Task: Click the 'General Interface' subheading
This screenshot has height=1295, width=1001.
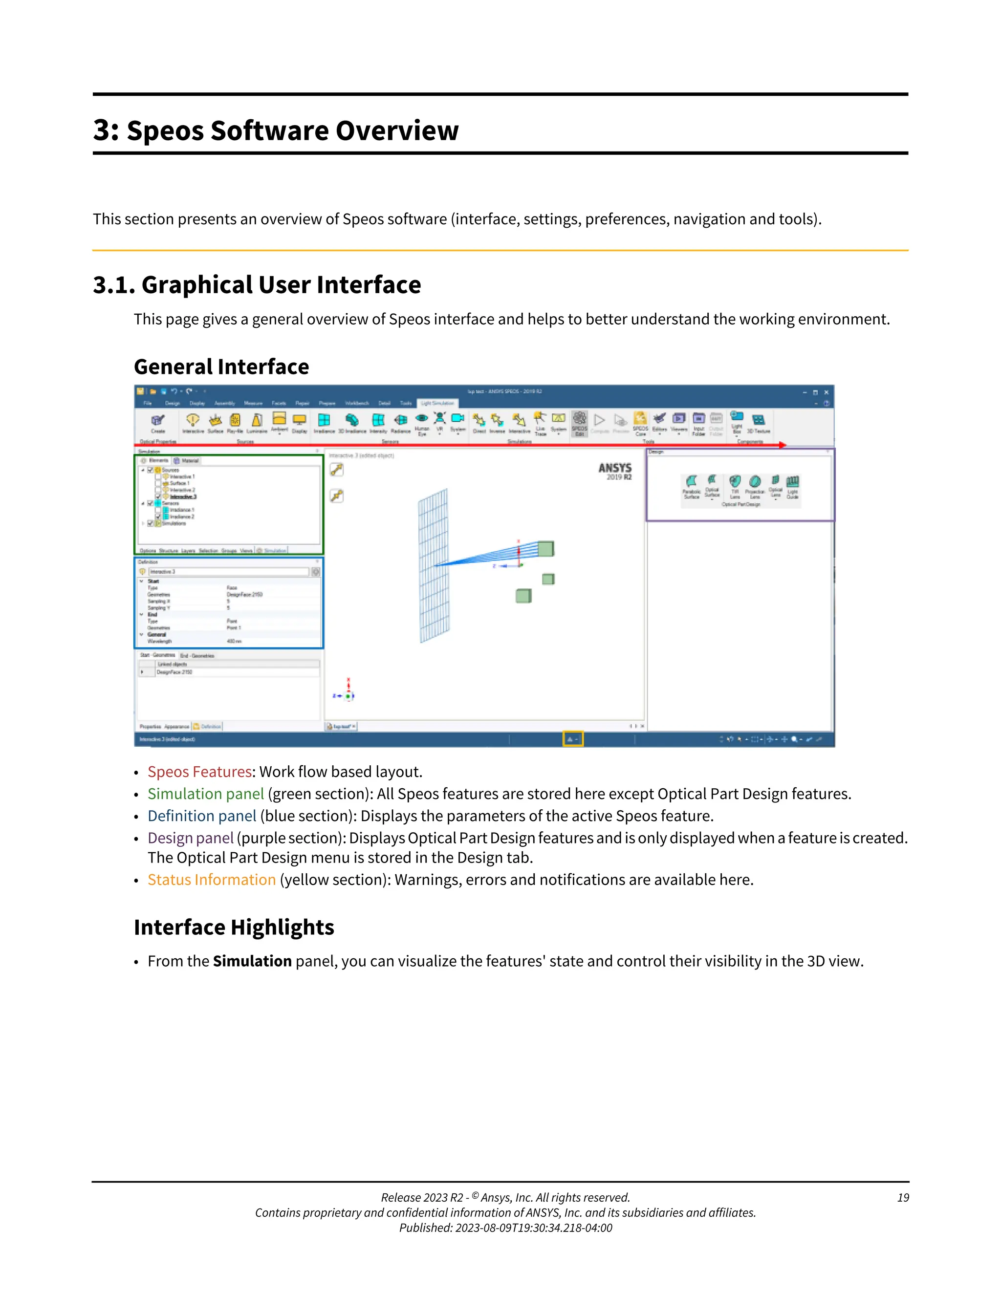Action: pyautogui.click(x=221, y=367)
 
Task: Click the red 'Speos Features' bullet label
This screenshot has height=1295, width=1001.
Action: pyautogui.click(x=200, y=772)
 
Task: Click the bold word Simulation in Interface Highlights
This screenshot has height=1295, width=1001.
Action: pyautogui.click(x=252, y=961)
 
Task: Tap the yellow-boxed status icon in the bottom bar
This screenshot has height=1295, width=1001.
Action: pyautogui.click(x=572, y=739)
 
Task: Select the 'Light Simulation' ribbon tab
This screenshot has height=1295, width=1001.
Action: pyautogui.click(x=437, y=403)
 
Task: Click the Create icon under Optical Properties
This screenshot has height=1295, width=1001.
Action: pyautogui.click(x=158, y=422)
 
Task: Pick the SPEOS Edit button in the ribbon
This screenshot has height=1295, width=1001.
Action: pyautogui.click(x=579, y=422)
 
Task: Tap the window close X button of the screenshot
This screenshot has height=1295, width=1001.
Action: pyautogui.click(x=826, y=392)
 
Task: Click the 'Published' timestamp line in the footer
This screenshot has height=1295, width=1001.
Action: pyautogui.click(x=505, y=1228)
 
